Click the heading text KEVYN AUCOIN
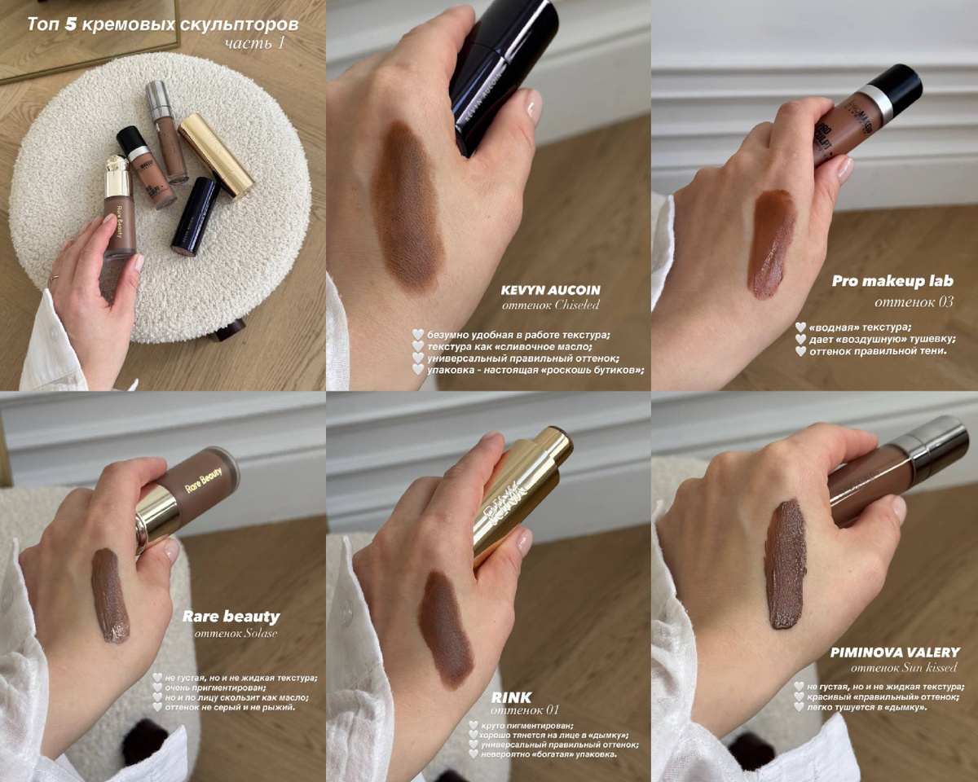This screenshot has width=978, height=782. pyautogui.click(x=550, y=290)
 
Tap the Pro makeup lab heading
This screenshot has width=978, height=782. pyautogui.click(x=892, y=281)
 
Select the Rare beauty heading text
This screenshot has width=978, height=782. pyautogui.click(x=231, y=617)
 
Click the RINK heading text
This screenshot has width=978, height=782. pyautogui.click(x=511, y=697)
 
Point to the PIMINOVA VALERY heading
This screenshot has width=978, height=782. pyautogui.click(x=896, y=652)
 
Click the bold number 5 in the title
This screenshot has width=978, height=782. pyautogui.click(x=70, y=24)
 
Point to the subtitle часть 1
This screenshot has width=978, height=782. pyautogui.click(x=255, y=43)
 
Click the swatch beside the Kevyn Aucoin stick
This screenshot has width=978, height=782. pyautogui.click(x=408, y=205)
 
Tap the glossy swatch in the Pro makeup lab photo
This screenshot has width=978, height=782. pyautogui.click(x=772, y=244)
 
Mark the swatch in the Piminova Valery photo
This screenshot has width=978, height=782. pyautogui.click(x=786, y=565)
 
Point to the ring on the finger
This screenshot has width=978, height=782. pyautogui.click(x=54, y=278)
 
